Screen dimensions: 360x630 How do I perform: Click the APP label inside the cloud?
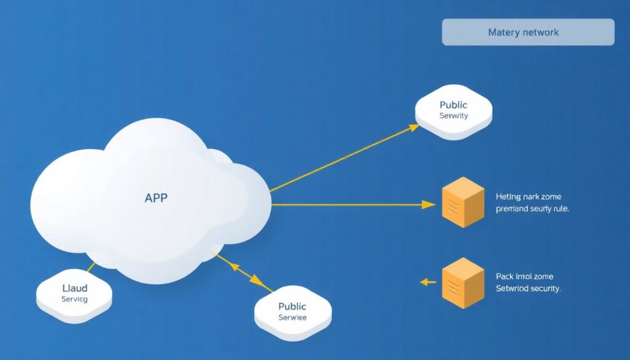pyautogui.click(x=156, y=198)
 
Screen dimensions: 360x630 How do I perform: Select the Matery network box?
pyautogui.click(x=528, y=32)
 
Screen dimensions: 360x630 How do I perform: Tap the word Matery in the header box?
pyautogui.click(x=503, y=32)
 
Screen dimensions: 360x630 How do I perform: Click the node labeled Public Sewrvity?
pyautogui.click(x=453, y=111)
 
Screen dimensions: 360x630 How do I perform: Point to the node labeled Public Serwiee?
pyautogui.click(x=292, y=313)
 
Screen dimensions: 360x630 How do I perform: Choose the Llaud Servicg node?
pyautogui.click(x=74, y=294)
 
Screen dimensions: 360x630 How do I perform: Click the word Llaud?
pyautogui.click(x=74, y=288)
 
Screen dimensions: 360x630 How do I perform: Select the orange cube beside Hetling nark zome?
pyautogui.click(x=463, y=202)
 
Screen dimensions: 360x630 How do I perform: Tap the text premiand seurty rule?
pyautogui.click(x=532, y=209)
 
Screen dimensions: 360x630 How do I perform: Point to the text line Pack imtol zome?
pyautogui.click(x=524, y=276)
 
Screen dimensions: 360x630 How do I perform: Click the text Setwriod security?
pyautogui.click(x=528, y=289)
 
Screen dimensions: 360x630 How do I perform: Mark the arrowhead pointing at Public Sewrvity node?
pyautogui.click(x=414, y=127)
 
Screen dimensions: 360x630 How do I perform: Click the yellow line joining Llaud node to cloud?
pyautogui.click(x=90, y=268)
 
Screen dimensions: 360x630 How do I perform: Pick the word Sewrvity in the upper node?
pyautogui.click(x=453, y=116)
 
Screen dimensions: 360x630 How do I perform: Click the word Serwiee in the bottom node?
pyautogui.click(x=292, y=318)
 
